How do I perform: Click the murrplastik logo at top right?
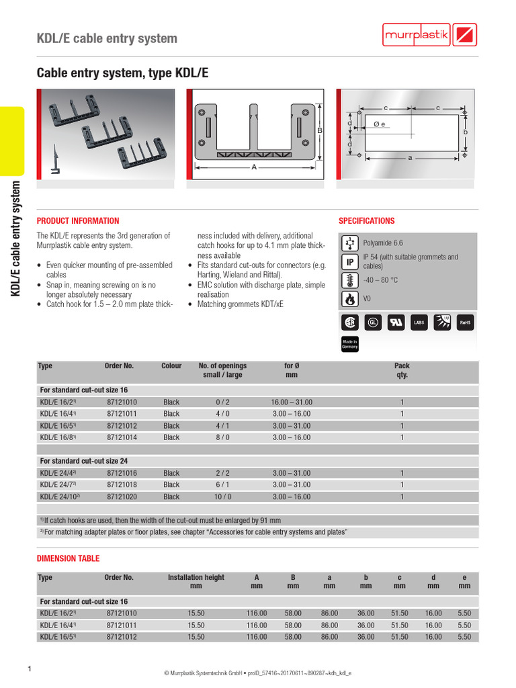click(x=429, y=35)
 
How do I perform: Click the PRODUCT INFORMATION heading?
click(x=77, y=221)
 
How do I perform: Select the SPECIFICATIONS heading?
click(x=366, y=221)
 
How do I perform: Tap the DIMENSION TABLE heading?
click(x=68, y=558)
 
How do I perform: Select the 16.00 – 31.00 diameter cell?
click(x=292, y=402)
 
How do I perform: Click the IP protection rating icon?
click(x=349, y=261)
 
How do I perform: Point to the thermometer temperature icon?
click(x=349, y=280)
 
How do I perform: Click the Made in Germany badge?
click(x=349, y=344)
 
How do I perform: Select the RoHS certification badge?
click(x=465, y=322)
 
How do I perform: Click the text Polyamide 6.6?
click(x=383, y=243)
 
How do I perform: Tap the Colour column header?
click(x=171, y=366)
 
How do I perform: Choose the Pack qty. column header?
click(x=401, y=371)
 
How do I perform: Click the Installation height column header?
click(x=196, y=582)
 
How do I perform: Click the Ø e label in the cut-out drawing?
click(x=379, y=125)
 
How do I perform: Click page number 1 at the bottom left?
click(x=30, y=669)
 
